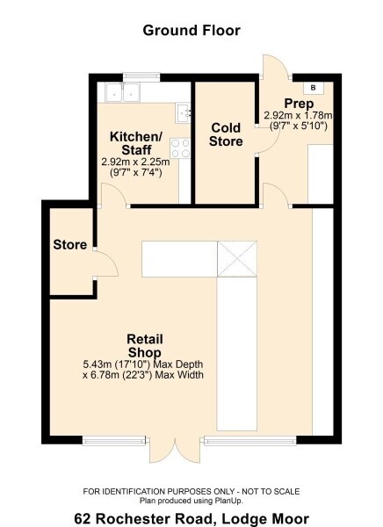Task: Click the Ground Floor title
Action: pyautogui.click(x=191, y=31)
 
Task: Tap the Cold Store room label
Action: pyautogui.click(x=226, y=134)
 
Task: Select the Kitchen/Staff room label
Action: pyautogui.click(x=136, y=143)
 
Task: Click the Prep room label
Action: pyautogui.click(x=299, y=104)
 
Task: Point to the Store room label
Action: pyautogui.click(x=70, y=244)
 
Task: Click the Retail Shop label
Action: pyautogui.click(x=145, y=346)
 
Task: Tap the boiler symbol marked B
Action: pyautogui.click(x=314, y=88)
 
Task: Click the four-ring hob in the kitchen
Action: pyautogui.click(x=180, y=148)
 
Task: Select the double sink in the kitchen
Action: pyautogui.click(x=123, y=92)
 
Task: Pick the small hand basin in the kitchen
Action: pyautogui.click(x=184, y=113)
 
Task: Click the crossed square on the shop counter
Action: pyautogui.click(x=237, y=259)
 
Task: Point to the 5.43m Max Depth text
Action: pyautogui.click(x=143, y=365)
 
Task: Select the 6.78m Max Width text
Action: pyautogui.click(x=143, y=375)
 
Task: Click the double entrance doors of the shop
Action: pyautogui.click(x=175, y=450)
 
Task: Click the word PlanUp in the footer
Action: pyautogui.click(x=228, y=501)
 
